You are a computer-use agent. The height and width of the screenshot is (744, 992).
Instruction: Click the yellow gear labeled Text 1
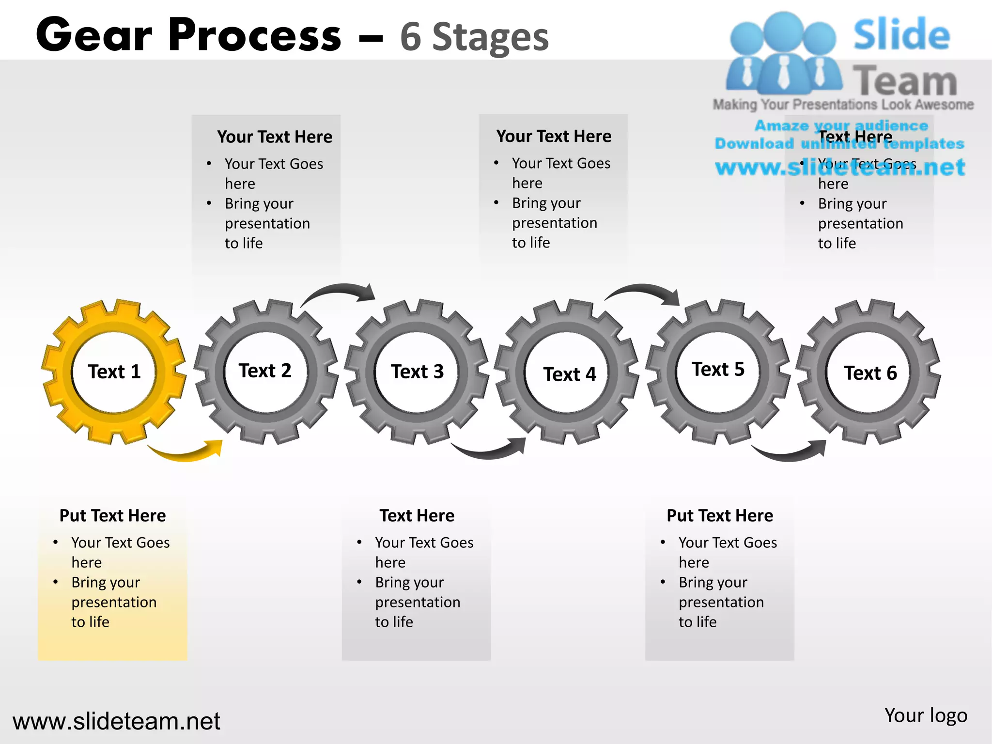113,372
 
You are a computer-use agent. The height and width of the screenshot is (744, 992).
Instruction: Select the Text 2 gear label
265,371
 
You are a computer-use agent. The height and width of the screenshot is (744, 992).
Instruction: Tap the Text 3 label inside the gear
417,372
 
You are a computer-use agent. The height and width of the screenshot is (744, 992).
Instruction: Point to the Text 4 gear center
569,374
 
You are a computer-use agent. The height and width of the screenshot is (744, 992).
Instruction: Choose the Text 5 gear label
718,369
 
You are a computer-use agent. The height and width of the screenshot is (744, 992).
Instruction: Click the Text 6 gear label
870,373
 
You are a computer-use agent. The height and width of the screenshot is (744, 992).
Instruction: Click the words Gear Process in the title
189,35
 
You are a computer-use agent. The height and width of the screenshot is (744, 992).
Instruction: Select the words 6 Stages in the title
474,37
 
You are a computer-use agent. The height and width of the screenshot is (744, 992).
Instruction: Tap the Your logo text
926,715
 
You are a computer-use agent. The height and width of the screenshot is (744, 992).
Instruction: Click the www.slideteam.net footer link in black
116,721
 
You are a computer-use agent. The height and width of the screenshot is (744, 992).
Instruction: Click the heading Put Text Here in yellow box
112,515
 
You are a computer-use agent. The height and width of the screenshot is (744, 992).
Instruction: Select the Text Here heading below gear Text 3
417,515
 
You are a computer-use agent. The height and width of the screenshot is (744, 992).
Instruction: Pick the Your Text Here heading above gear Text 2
275,137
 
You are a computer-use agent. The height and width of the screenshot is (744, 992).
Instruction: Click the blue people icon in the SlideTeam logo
783,53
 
